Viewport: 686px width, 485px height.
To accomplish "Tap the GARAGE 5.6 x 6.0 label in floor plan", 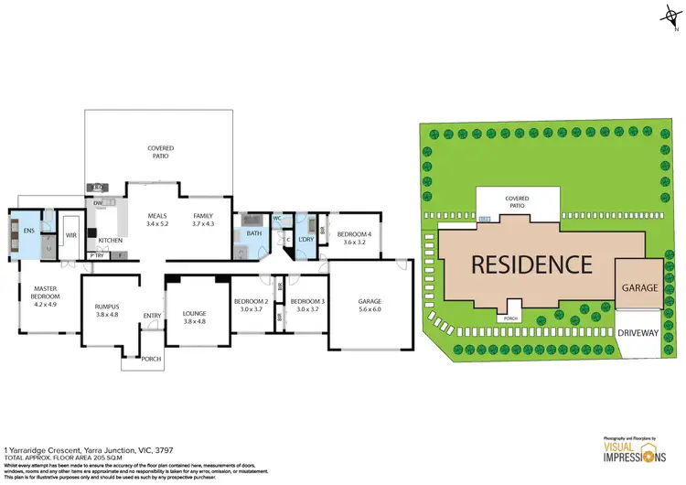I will pos(370,305).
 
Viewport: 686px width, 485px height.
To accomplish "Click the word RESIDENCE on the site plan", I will pos(531,264).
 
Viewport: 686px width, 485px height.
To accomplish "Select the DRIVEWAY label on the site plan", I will pos(639,333).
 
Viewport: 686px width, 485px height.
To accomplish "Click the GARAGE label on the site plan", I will pos(639,287).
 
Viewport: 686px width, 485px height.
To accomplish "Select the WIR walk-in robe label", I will pos(70,235).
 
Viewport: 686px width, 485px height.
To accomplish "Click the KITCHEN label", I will pos(110,241).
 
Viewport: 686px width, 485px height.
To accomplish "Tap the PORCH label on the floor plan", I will pos(151,359).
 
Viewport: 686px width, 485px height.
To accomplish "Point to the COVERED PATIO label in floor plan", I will pos(161,152).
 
